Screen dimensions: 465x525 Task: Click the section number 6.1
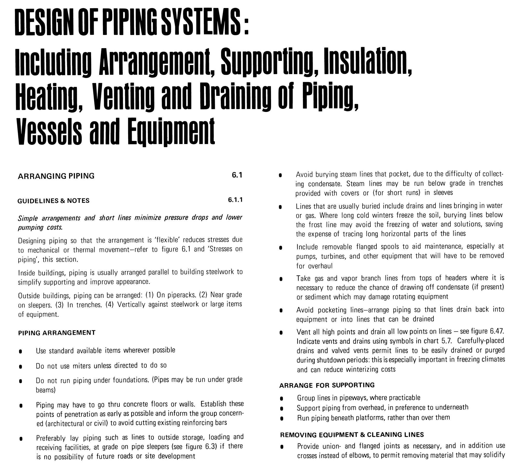point(237,175)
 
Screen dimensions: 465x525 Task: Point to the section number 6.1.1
point(235,200)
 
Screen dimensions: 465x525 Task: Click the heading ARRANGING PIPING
point(56,176)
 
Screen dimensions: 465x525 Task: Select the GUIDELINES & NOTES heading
point(53,201)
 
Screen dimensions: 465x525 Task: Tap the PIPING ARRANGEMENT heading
point(57,333)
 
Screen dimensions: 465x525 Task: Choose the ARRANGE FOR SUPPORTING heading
point(327,385)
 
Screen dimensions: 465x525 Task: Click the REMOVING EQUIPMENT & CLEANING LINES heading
point(352,434)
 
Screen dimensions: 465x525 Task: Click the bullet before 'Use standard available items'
point(20,352)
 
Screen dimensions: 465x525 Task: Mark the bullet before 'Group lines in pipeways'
point(281,399)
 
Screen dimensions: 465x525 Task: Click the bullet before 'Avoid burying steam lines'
point(280,175)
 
